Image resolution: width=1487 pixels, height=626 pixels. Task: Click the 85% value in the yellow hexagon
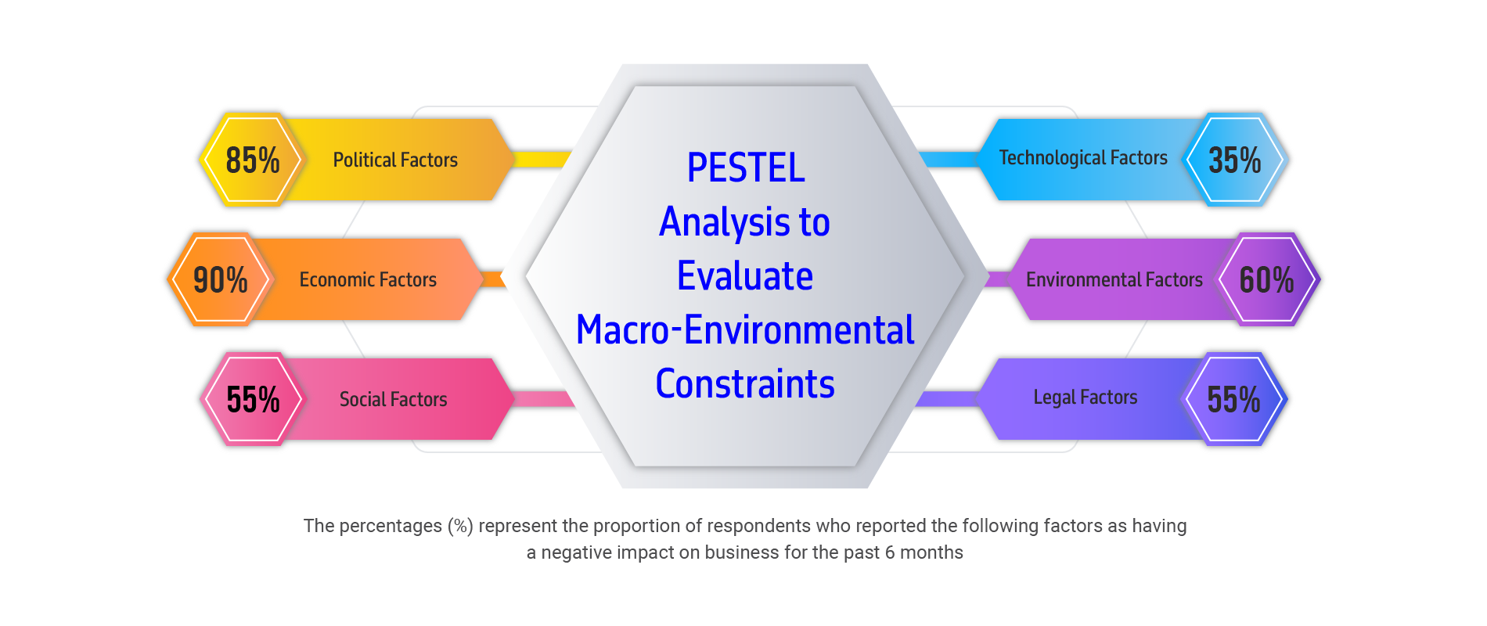point(253,160)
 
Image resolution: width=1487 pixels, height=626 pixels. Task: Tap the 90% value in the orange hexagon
point(221,279)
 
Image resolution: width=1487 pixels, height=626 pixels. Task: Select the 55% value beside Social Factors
point(253,399)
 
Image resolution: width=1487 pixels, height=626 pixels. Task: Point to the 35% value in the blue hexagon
point(1235,160)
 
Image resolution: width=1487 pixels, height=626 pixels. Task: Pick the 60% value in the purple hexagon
point(1267,279)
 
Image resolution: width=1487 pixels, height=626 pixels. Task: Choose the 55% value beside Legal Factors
point(1234,399)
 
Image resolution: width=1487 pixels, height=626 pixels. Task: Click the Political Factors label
point(395,160)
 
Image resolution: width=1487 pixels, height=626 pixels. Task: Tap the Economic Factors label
point(368,279)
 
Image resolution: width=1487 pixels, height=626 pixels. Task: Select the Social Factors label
point(394,399)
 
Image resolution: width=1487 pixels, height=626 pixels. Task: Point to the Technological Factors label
point(1083,158)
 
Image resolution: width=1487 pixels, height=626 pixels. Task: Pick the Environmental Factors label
point(1114,279)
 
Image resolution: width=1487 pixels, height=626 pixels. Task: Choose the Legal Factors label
point(1086,398)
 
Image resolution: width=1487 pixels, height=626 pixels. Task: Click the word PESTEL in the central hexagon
point(746,167)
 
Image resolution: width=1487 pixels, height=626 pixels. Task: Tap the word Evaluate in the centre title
point(745,275)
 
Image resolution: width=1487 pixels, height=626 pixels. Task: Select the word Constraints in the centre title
point(745,383)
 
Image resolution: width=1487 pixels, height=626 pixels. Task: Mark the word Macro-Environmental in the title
point(745,329)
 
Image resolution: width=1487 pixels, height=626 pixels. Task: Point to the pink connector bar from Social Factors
point(545,399)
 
